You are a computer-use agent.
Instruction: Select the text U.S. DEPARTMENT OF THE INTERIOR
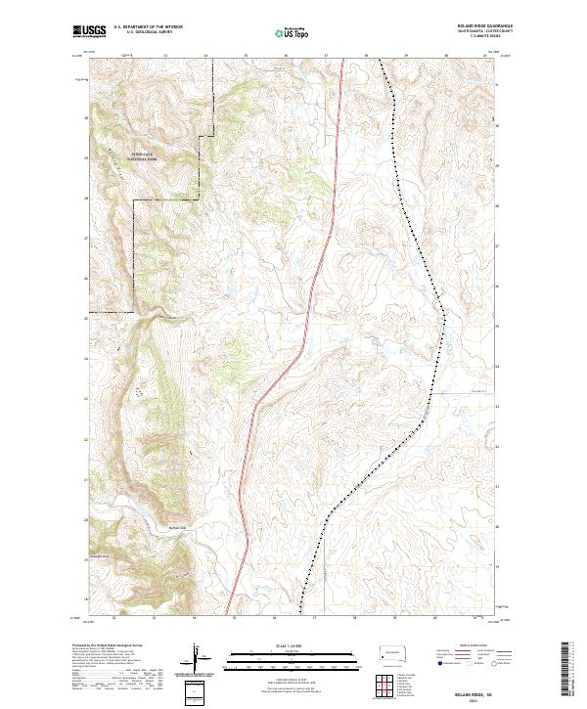click(x=149, y=26)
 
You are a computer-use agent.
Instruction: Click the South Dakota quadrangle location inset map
click(x=392, y=651)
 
